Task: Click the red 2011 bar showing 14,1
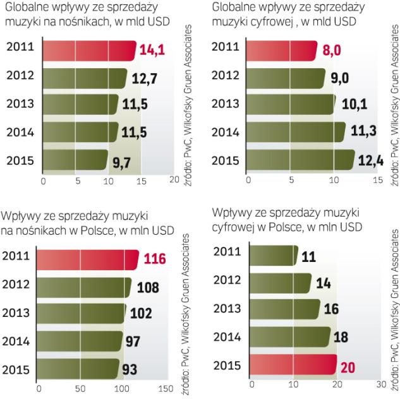(88, 50)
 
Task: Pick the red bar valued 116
(88, 259)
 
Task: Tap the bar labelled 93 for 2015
(79, 368)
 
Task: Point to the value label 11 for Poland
(308, 256)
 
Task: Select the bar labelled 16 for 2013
(285, 309)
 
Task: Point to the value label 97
(133, 341)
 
